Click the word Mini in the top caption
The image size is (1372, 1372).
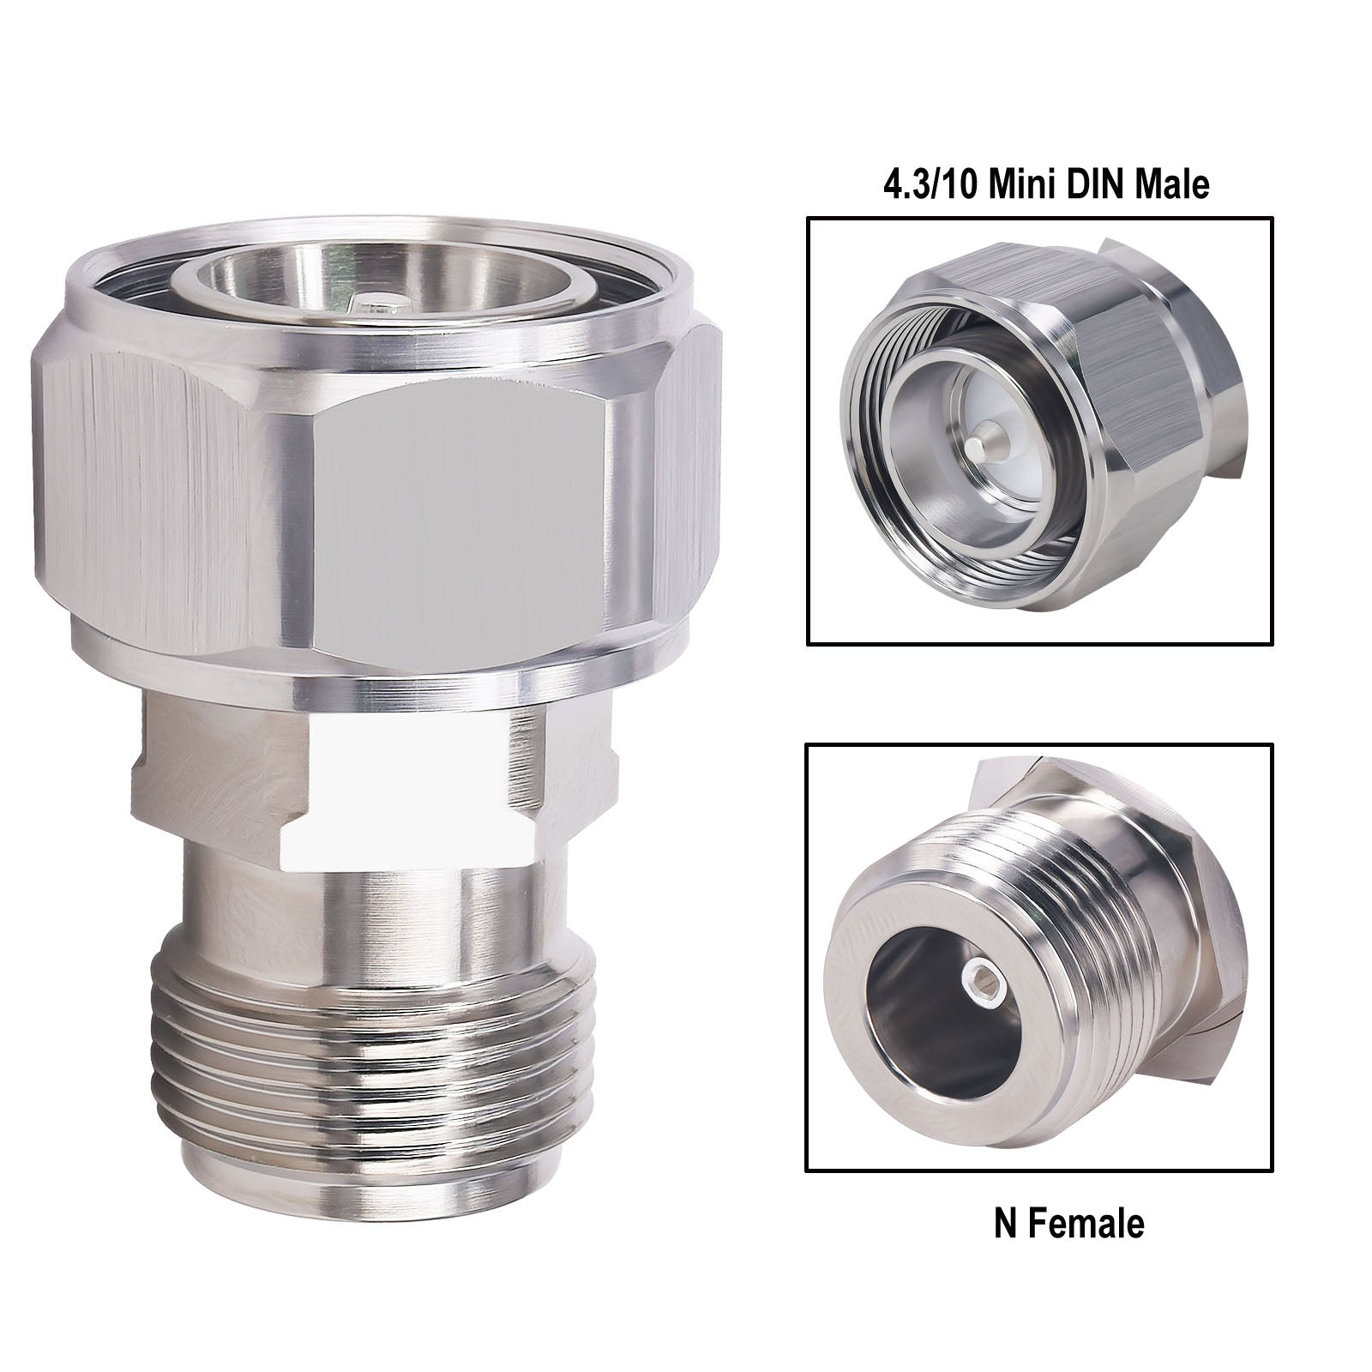point(1025,184)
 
